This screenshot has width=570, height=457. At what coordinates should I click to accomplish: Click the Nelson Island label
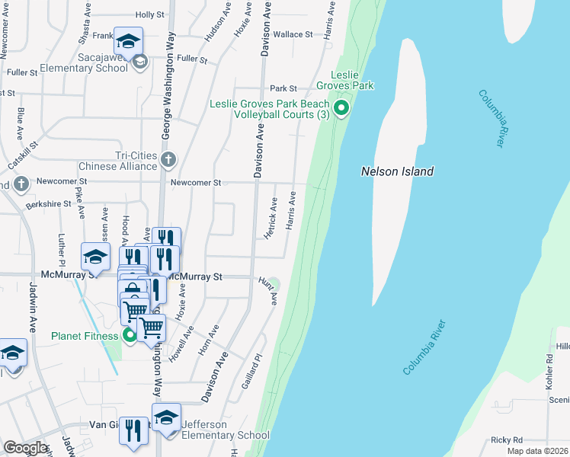point(397,171)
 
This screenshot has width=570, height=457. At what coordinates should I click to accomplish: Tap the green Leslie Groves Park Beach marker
point(342,109)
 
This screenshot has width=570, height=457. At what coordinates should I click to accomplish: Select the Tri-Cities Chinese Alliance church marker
point(168,160)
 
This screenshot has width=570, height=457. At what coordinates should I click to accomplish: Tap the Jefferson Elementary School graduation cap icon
point(166,417)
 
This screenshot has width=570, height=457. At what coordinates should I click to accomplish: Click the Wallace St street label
point(293,34)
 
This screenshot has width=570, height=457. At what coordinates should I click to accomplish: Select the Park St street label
point(282,88)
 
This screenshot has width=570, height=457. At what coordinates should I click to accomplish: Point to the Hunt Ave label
point(269,292)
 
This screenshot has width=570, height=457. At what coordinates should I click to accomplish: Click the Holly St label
point(149,14)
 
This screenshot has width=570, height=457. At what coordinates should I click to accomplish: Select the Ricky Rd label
point(507,439)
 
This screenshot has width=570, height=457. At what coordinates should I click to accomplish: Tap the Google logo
point(25,448)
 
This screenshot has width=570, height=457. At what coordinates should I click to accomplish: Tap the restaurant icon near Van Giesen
point(133,430)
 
